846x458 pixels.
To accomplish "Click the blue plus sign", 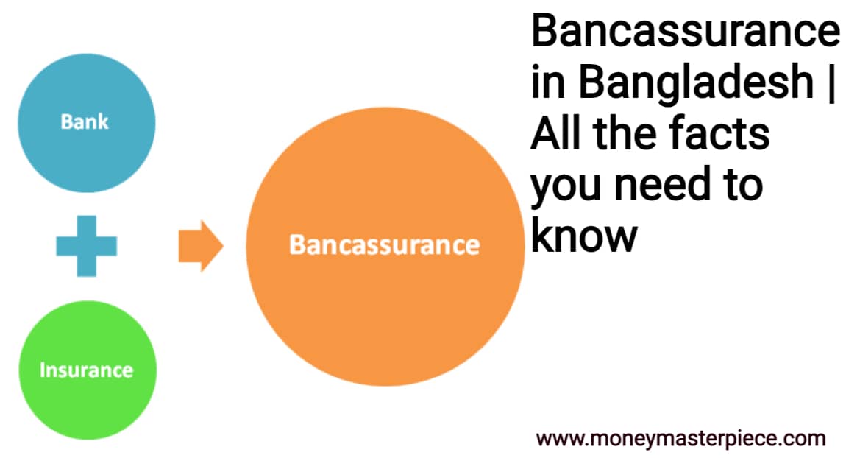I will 86,246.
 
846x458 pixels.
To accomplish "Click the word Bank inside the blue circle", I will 85,121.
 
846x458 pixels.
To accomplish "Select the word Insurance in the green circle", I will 87,369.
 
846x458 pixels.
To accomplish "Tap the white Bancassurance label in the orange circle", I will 384,244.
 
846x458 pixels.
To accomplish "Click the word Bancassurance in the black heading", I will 685,33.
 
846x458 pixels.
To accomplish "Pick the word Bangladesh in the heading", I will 695,82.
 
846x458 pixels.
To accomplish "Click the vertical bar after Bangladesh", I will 832,82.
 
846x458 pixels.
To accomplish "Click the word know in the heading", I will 583,235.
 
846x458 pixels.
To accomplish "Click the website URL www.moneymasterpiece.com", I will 680,439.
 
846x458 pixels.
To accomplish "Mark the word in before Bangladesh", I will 548,82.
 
